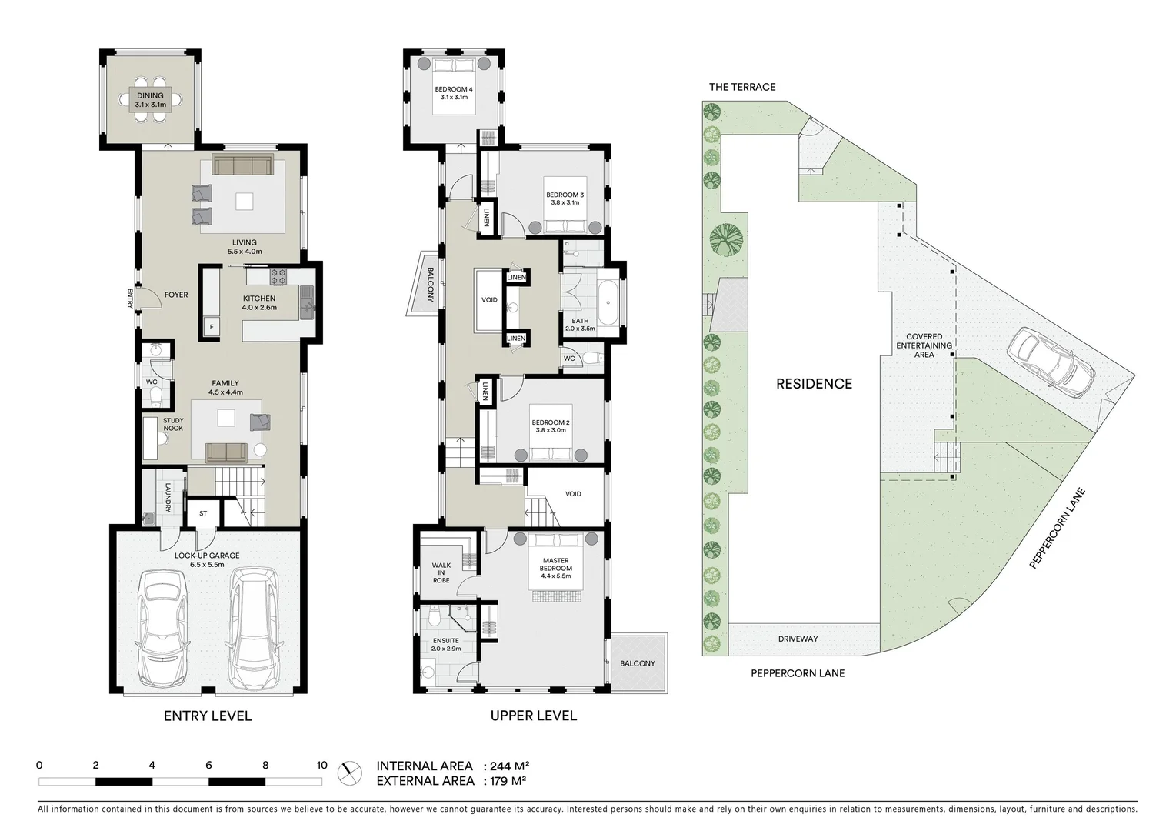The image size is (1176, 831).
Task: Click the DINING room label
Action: point(151,96)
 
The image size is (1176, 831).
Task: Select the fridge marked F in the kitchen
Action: point(211,327)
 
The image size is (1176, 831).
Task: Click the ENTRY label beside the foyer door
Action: point(131,299)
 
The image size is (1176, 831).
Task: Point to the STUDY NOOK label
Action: point(173,424)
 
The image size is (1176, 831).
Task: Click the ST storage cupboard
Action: point(203,513)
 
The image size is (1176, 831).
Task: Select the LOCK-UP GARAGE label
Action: point(207,556)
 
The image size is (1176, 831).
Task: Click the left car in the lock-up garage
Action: point(162,631)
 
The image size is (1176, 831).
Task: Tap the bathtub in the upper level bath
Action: point(608,305)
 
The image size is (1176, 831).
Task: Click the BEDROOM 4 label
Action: point(454,90)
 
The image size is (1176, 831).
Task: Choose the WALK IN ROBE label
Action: point(441,572)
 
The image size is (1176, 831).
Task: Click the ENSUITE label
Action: point(445,640)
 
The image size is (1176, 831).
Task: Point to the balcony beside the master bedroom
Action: point(638,663)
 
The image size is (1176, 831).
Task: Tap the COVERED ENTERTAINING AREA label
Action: point(924,345)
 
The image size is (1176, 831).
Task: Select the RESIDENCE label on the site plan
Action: point(814,384)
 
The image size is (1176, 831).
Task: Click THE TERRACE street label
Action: point(742,87)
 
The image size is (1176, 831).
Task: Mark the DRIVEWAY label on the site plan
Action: point(798,639)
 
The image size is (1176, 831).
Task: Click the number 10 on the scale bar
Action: point(321,766)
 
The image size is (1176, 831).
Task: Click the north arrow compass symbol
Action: point(351,772)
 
